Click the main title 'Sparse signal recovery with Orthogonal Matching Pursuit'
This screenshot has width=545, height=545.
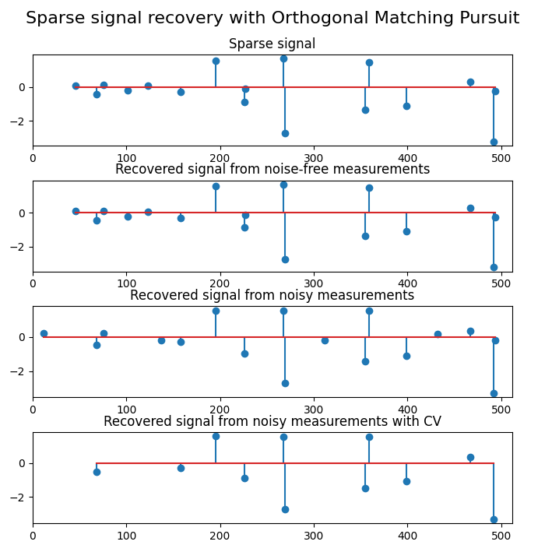click(272, 18)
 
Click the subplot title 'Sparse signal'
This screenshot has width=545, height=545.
click(272, 44)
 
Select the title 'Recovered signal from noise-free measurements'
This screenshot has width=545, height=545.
click(272, 170)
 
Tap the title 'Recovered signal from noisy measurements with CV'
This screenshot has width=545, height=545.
click(272, 422)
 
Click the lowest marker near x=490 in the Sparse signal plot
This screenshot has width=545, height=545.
click(494, 142)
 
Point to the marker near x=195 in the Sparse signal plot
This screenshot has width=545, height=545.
click(216, 61)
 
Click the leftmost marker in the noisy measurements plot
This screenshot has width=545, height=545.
click(44, 333)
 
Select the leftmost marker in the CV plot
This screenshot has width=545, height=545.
click(97, 472)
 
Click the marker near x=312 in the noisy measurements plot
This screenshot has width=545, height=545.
click(325, 340)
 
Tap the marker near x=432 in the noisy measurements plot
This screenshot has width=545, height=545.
click(438, 334)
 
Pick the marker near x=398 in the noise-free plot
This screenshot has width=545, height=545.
click(406, 231)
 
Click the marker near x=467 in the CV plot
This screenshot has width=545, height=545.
click(470, 457)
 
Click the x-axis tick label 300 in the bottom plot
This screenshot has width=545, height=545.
click(314, 536)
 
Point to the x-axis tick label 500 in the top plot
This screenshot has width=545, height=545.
click(501, 158)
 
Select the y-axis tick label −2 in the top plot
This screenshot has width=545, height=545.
click(21, 121)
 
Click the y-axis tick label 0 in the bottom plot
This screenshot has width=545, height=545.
click(24, 463)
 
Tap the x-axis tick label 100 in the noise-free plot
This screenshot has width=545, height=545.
click(126, 284)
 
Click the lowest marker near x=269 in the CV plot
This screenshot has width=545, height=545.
click(285, 509)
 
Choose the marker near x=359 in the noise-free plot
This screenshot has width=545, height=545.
click(369, 188)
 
